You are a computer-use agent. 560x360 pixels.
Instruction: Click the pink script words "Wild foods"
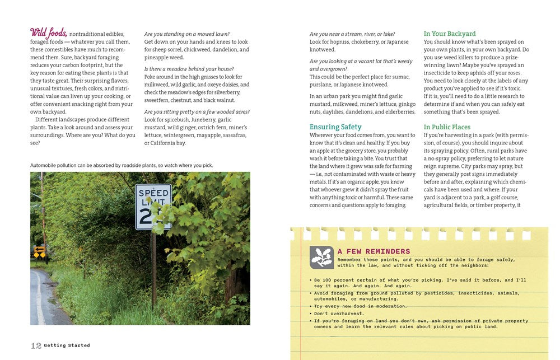click(x=49, y=32)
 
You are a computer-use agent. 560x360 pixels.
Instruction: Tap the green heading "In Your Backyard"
click(x=450, y=34)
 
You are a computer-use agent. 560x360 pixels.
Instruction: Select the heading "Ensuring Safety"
click(x=335, y=127)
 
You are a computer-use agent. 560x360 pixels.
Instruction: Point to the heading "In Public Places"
click(x=447, y=127)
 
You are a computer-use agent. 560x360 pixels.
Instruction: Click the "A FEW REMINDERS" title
click(x=374, y=252)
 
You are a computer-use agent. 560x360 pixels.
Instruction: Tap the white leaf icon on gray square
click(x=321, y=257)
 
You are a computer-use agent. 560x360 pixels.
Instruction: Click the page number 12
click(x=36, y=345)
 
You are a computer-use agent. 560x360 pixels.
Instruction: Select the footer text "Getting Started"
click(x=67, y=345)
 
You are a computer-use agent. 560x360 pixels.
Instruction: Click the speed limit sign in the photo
click(x=152, y=206)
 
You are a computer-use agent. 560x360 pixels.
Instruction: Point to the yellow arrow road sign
click(x=39, y=252)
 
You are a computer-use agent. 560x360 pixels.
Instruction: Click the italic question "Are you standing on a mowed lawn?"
click(x=186, y=34)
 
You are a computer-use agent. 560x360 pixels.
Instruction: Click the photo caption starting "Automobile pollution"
click(x=122, y=165)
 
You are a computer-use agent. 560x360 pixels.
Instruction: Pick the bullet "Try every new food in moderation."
click(x=361, y=306)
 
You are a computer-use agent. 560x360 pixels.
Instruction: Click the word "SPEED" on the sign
click(x=153, y=193)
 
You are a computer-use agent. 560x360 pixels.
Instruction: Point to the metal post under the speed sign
click(x=153, y=269)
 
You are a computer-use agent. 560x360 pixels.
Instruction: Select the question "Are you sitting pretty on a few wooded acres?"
click(x=197, y=112)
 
